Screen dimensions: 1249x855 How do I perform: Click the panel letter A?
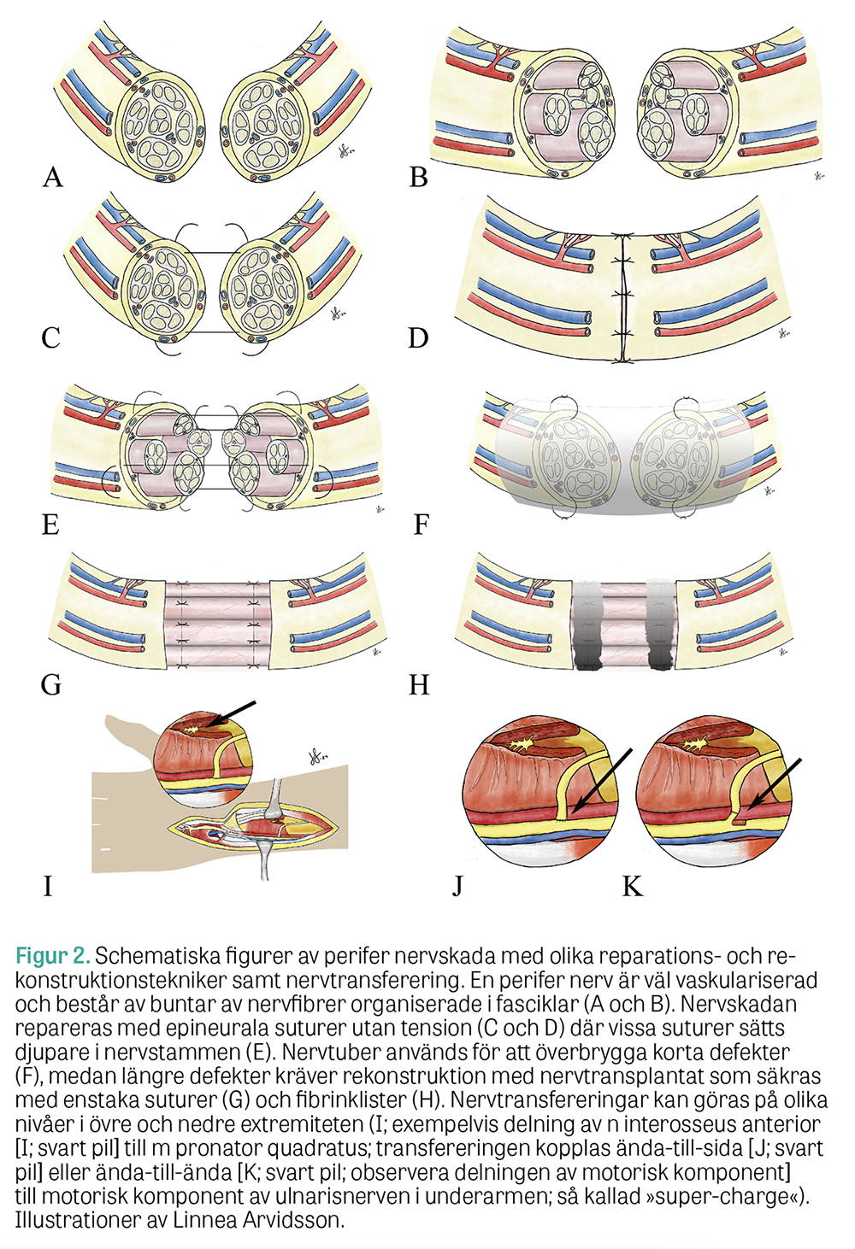pyautogui.click(x=53, y=177)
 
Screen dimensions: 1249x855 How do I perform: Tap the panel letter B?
pyautogui.click(x=418, y=177)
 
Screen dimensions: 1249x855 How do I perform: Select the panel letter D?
pyautogui.click(x=417, y=338)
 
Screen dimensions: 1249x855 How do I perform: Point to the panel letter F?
pyautogui.click(x=420, y=523)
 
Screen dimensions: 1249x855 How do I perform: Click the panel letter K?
pyautogui.click(x=632, y=887)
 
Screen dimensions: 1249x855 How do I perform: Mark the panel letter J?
pyautogui.click(x=458, y=887)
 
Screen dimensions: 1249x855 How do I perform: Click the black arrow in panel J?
pyautogui.click(x=604, y=778)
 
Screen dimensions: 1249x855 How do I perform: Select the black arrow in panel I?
pyautogui.click(x=231, y=713)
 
